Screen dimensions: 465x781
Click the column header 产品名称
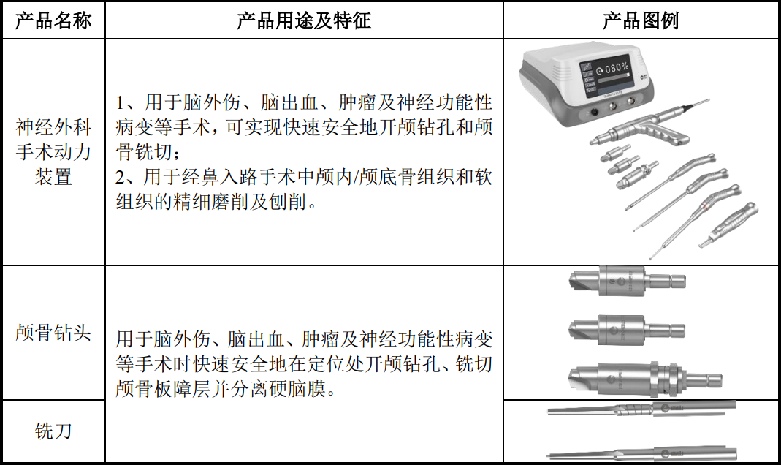[53, 20]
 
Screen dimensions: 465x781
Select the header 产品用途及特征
[304, 20]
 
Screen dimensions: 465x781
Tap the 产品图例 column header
[641, 20]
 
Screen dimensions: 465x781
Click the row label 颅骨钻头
[53, 332]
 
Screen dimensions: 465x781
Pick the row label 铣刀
[53, 431]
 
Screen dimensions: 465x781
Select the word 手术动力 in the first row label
[53, 151]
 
